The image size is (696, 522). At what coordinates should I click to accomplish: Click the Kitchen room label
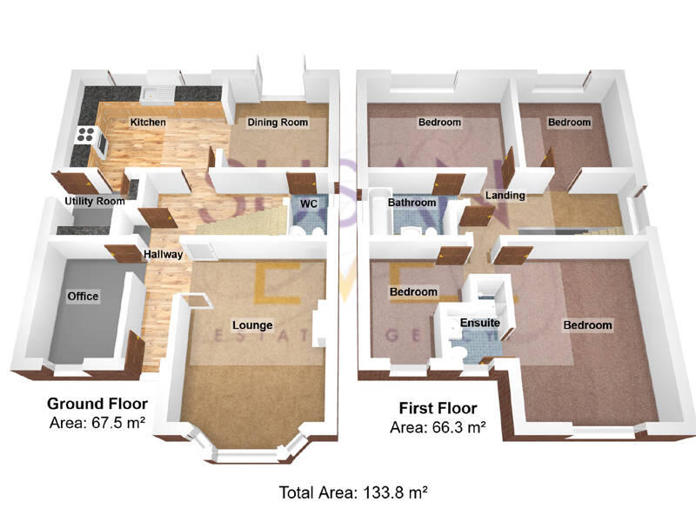click(148, 123)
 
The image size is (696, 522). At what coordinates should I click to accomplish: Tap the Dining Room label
click(278, 123)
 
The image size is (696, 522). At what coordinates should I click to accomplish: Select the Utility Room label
click(95, 201)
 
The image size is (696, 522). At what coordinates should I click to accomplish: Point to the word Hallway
click(163, 255)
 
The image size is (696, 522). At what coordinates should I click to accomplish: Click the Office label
click(84, 297)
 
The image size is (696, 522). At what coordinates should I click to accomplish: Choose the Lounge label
click(252, 325)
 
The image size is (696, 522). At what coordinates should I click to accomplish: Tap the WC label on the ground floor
click(308, 204)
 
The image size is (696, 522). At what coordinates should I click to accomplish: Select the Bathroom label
click(412, 203)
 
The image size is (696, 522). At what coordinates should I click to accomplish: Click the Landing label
click(505, 196)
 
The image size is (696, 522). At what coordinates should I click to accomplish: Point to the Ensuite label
click(480, 324)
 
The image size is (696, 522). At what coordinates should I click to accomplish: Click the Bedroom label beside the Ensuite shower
click(412, 291)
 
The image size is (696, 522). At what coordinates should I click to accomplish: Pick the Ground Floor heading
click(97, 404)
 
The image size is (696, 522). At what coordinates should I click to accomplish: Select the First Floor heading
click(438, 408)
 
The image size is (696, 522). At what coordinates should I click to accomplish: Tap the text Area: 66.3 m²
click(438, 427)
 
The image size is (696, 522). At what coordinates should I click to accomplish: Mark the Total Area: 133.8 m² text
click(353, 493)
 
